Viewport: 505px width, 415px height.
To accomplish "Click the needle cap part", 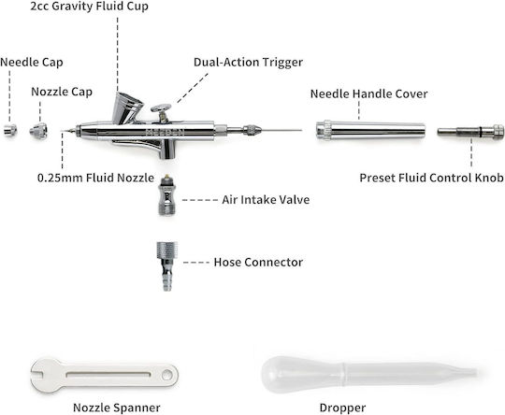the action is [x=10, y=130].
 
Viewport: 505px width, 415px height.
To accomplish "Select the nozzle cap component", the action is [x=38, y=131].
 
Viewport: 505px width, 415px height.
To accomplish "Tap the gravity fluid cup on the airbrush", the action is [x=127, y=107].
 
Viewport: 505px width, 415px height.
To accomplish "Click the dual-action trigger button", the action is [x=161, y=109].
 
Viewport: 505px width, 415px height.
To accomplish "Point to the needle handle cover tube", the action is [x=370, y=130].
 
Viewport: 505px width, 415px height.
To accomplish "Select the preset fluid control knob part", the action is [x=470, y=132].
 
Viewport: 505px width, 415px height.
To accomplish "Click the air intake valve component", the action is [x=166, y=195].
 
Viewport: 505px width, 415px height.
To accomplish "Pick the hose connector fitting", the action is [x=166, y=266].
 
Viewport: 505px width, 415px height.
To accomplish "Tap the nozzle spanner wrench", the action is [x=105, y=375].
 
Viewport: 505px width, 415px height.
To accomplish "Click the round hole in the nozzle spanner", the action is [x=167, y=375].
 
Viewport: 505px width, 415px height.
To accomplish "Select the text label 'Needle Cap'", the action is [x=32, y=63].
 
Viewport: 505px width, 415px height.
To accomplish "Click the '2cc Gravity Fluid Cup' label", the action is [x=89, y=7].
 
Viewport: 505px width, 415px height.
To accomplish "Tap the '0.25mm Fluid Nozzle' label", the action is [x=95, y=178].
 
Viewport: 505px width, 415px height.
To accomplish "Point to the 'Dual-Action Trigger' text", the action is [x=248, y=62].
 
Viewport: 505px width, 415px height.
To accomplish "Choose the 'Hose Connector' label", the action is [x=258, y=262].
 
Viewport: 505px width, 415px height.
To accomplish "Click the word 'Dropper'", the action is [x=342, y=408].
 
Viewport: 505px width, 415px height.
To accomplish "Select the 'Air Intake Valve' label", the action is [x=266, y=200].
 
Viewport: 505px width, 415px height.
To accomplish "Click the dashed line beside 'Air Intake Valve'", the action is [x=200, y=200].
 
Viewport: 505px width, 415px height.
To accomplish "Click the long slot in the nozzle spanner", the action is [x=108, y=375].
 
